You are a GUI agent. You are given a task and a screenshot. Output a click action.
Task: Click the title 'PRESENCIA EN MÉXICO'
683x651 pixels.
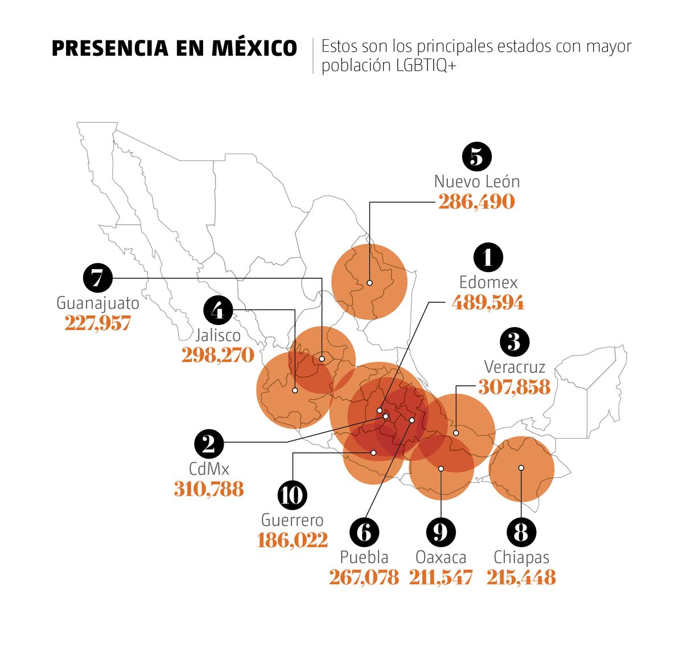point(174,48)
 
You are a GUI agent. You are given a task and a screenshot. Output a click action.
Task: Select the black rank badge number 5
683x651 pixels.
point(477,156)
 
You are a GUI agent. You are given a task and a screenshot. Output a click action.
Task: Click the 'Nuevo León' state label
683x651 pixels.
point(477,182)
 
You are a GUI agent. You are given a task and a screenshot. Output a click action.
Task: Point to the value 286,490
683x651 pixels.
point(477,202)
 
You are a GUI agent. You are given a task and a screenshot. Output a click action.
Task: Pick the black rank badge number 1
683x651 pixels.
point(488,257)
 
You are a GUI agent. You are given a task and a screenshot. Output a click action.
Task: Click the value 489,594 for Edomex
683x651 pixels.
point(488,303)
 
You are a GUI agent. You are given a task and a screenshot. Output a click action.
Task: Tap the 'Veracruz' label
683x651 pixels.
point(515,367)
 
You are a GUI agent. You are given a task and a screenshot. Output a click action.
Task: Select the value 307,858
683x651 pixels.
point(515,388)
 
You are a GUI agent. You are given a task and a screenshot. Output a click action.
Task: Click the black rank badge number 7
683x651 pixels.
point(98,278)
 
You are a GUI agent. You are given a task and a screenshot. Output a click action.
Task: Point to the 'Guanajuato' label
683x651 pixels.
point(98,303)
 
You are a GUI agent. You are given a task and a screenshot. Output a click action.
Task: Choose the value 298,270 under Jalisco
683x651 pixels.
point(218,356)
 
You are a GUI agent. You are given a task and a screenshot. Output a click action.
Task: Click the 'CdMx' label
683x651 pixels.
point(209,469)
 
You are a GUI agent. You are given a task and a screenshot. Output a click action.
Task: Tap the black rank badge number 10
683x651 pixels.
point(292,495)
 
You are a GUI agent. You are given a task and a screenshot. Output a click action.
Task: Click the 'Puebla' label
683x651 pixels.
point(364,557)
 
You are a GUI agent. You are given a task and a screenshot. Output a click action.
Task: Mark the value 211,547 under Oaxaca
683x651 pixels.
point(441,578)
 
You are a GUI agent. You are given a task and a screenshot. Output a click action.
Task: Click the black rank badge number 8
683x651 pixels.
point(521,533)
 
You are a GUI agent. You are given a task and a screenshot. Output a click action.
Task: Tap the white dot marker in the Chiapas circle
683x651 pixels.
point(521,468)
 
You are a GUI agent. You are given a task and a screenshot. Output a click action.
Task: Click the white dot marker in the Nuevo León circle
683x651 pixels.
point(369,283)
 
